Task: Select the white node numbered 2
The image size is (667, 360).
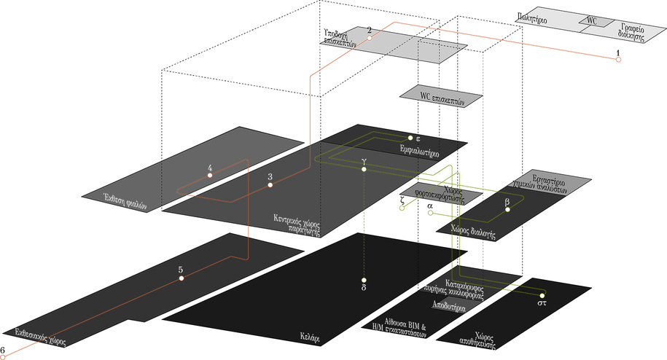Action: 370,37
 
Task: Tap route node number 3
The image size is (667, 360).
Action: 270,185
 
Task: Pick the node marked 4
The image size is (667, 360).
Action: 210,176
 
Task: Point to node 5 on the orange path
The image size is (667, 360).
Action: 181,278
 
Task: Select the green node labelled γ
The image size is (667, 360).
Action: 364,169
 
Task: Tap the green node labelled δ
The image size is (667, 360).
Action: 364,280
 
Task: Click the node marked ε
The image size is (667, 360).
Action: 410,138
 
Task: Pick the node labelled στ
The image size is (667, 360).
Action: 542,294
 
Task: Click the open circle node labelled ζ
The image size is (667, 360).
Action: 402,208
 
